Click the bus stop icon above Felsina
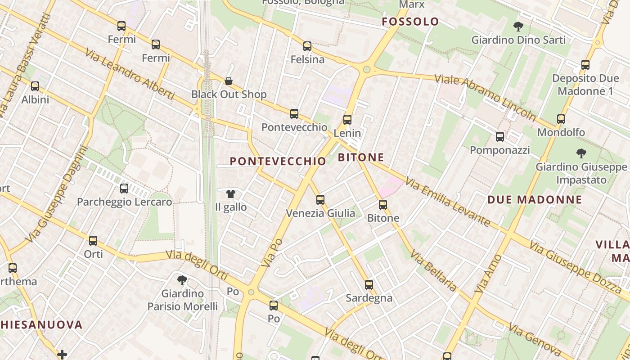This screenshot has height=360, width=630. click(x=307, y=46)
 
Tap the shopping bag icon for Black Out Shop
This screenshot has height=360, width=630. click(x=229, y=81)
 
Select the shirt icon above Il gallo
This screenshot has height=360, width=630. click(x=231, y=194)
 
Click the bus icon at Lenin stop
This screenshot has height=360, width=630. click(x=347, y=119)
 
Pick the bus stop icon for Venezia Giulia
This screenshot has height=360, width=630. click(x=320, y=199)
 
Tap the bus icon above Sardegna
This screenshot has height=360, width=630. click(x=369, y=284)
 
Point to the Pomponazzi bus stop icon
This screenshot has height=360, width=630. click(x=500, y=136)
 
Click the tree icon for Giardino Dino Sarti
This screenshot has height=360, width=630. click(x=518, y=27)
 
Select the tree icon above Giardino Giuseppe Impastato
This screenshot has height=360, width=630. click(x=581, y=153)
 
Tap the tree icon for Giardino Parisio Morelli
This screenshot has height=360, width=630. click(x=182, y=280)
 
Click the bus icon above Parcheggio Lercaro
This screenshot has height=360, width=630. click(x=124, y=188)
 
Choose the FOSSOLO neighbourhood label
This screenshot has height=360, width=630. click(x=410, y=22)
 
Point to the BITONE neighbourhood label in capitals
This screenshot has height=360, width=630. click(x=361, y=157)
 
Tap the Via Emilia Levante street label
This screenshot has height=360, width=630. click(x=447, y=201)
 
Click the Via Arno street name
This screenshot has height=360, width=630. click(x=488, y=274)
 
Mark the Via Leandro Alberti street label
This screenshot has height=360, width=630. click(x=129, y=73)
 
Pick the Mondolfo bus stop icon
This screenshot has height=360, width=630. click(x=561, y=119)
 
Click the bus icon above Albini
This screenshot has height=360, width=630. click(x=35, y=86)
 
